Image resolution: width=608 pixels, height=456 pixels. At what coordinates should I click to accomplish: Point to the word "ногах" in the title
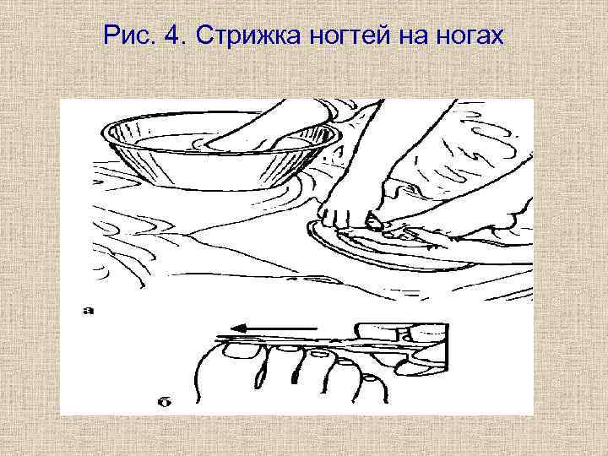(470, 36)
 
